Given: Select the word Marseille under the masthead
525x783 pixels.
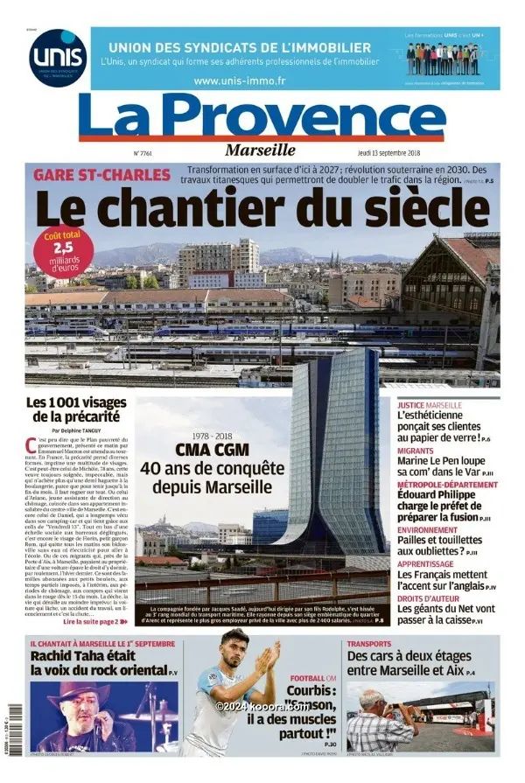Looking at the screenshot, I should click(x=260, y=149).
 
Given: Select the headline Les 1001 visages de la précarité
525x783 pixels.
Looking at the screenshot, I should click(x=78, y=409).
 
